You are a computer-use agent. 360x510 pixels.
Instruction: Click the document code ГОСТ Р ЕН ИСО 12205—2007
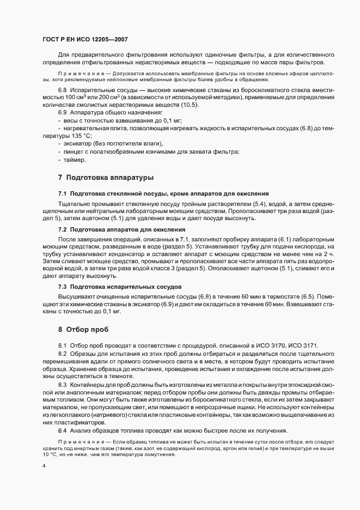click(86, 40)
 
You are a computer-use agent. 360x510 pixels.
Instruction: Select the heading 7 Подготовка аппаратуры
click(106, 177)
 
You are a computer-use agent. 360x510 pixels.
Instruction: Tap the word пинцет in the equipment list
click(74, 152)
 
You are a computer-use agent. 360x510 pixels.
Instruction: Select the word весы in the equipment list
click(71, 119)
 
